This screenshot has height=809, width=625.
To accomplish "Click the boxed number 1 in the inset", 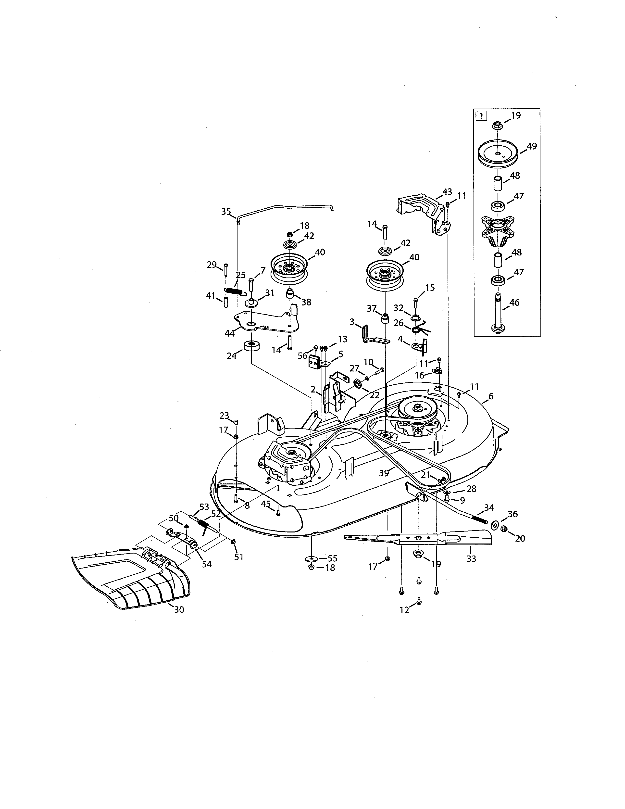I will tap(481, 116).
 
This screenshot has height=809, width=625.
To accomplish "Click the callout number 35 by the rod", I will tap(226, 212).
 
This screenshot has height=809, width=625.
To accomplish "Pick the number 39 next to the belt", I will tap(384, 473).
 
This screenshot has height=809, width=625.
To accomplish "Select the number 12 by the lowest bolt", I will tap(404, 610).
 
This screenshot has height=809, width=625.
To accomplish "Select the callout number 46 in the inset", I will tap(514, 303).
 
